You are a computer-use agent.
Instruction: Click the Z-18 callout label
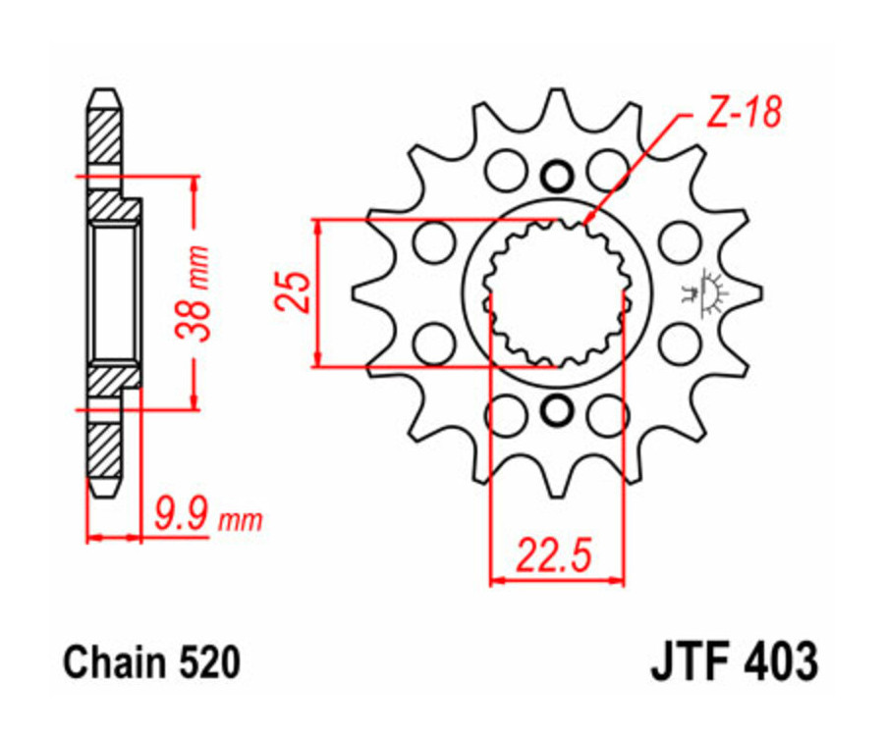click(x=745, y=114)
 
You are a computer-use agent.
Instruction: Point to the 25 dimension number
click(x=295, y=291)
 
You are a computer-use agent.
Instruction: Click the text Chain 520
click(x=151, y=662)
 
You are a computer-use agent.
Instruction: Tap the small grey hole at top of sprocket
click(x=557, y=177)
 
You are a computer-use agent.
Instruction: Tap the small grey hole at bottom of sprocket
click(x=557, y=409)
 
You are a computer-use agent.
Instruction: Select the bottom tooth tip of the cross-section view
click(x=105, y=488)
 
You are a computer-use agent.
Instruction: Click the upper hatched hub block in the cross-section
click(x=112, y=207)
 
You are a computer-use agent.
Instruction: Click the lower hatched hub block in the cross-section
click(x=112, y=378)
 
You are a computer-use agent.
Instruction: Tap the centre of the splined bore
click(x=557, y=292)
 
